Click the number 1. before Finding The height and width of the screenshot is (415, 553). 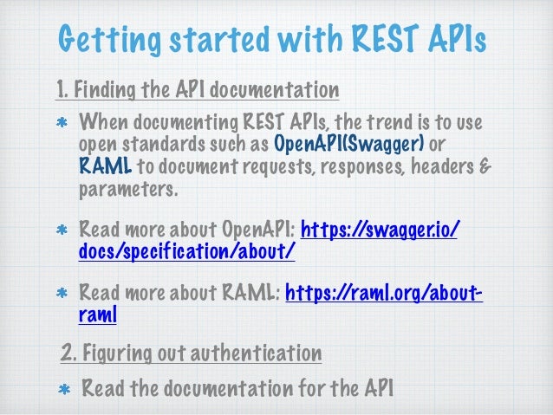point(62,90)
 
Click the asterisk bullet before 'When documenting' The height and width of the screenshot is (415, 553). point(62,120)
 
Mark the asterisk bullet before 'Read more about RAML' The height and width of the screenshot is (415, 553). point(62,294)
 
